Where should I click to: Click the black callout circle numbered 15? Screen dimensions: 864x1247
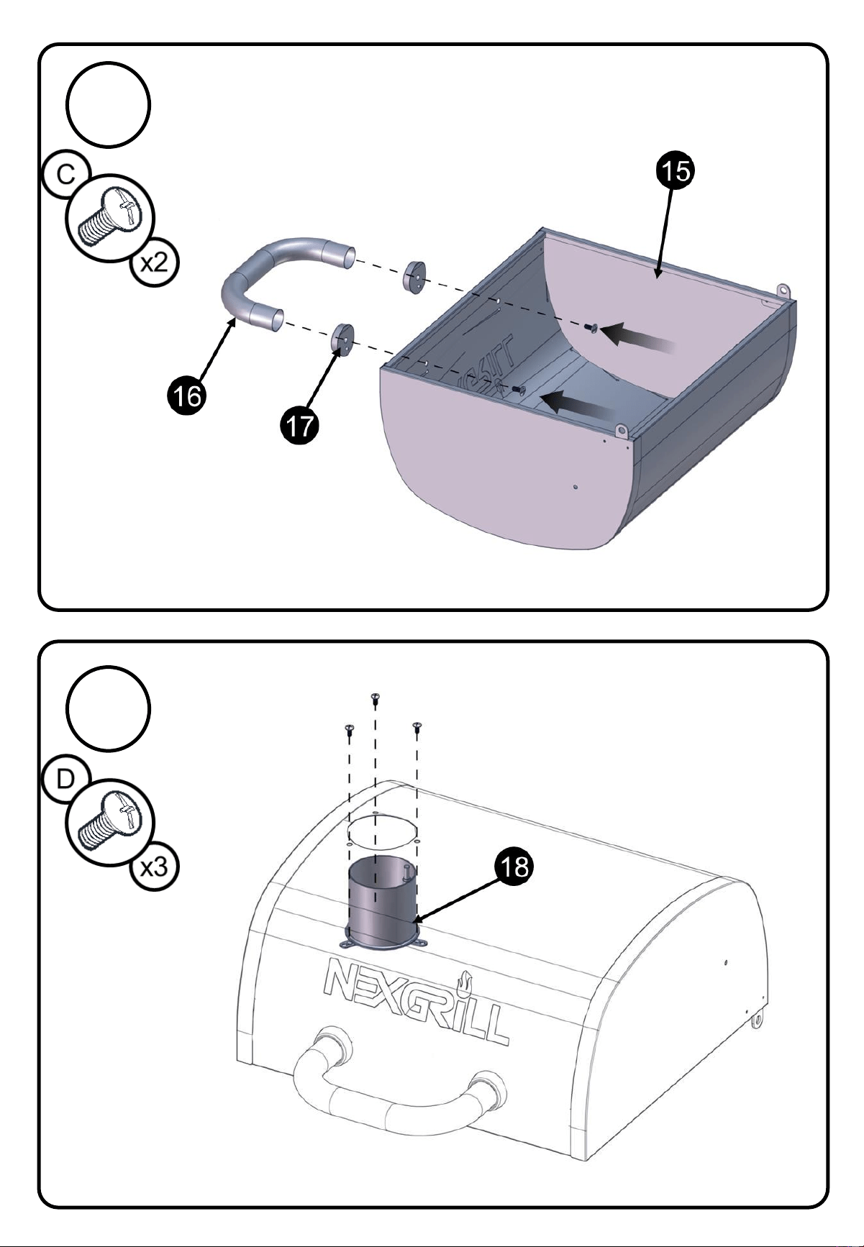pos(675,173)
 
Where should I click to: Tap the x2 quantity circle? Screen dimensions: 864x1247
pos(153,262)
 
